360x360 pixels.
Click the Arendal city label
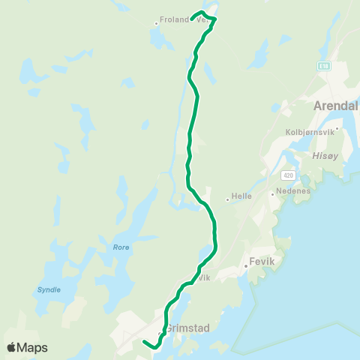(337, 105)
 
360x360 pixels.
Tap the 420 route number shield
(288, 175)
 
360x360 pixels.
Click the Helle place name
(241, 199)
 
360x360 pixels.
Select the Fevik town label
(259, 265)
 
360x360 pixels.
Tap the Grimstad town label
(184, 328)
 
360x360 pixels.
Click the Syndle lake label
(49, 289)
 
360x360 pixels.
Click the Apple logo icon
(11, 347)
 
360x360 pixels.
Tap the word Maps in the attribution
(32, 347)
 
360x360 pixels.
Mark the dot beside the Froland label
(156, 23)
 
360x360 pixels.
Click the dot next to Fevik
(245, 265)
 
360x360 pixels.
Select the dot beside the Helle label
(227, 199)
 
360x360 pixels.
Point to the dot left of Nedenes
(272, 193)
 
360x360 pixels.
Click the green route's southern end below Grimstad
(142, 341)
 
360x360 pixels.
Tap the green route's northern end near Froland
(192, 18)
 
